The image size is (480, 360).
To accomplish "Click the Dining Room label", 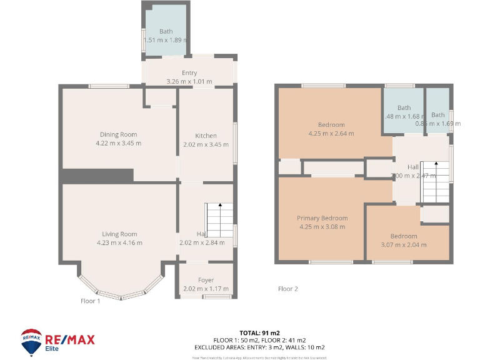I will tap(118, 134).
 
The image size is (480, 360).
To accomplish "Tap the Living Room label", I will tap(119, 234).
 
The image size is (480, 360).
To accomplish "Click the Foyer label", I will tap(206, 280).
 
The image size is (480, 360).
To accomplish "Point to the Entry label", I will tap(189, 73).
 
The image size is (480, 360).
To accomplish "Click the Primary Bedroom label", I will tap(322, 218).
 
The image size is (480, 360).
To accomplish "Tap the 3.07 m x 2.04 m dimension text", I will tap(403, 244).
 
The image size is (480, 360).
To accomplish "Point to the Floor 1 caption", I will tap(91, 301).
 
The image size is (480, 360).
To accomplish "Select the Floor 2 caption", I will tap(288, 289).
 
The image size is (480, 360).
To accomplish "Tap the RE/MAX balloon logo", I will tap(31, 342).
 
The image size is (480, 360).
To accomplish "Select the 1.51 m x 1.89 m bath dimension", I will tap(166, 40).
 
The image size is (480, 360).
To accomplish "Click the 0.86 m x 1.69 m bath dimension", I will tap(437, 123).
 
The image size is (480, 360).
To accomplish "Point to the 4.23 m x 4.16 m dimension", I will tap(119, 242).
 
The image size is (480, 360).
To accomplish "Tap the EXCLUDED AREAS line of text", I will tap(269, 347).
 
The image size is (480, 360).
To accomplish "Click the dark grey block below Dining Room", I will tap(98, 176).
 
